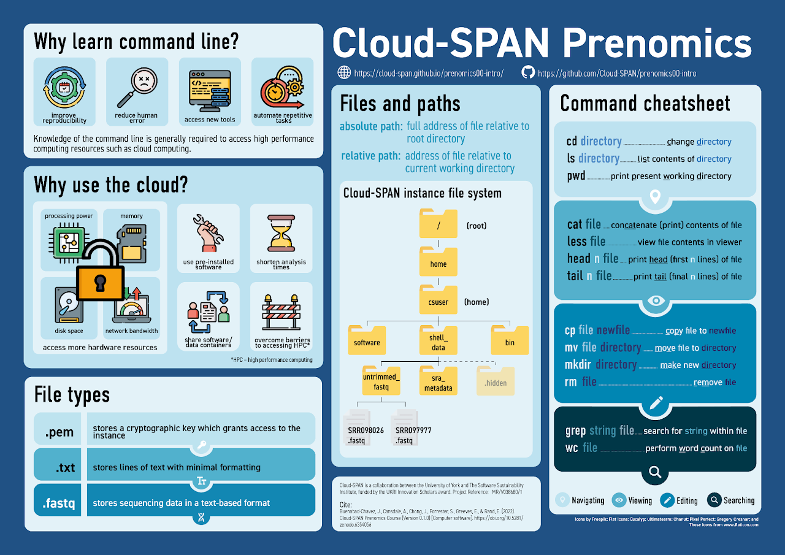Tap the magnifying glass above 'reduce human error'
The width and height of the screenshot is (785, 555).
(136, 86)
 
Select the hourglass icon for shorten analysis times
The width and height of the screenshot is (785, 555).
(281, 234)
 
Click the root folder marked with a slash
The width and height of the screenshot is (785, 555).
(438, 224)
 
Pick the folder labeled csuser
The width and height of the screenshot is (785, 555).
(438, 300)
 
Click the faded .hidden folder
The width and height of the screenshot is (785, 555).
(496, 380)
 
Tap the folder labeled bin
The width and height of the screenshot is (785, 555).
(510, 340)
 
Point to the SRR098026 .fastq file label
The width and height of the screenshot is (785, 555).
(366, 435)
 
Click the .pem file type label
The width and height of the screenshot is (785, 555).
(59, 432)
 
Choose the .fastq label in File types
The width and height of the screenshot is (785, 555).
(59, 503)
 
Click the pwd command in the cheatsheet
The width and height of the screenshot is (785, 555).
(576, 176)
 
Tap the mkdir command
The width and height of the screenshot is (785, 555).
(578, 365)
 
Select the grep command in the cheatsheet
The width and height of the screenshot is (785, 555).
(575, 431)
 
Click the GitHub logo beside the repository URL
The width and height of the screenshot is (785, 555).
(527, 72)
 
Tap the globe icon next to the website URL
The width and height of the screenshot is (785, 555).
(344, 72)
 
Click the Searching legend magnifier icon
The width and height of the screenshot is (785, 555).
(713, 500)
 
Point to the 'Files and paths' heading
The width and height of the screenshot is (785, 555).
(400, 104)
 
